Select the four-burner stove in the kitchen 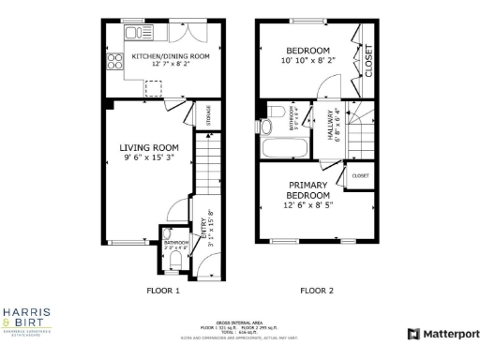click(x=117, y=63)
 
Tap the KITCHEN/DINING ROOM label click(x=157, y=56)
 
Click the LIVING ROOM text click(x=148, y=147)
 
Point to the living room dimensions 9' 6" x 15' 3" click(x=148, y=160)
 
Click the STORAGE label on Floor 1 click(x=207, y=115)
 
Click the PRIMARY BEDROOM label click(x=307, y=190)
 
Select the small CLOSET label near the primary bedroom click(x=360, y=175)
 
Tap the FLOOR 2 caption click(x=316, y=291)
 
